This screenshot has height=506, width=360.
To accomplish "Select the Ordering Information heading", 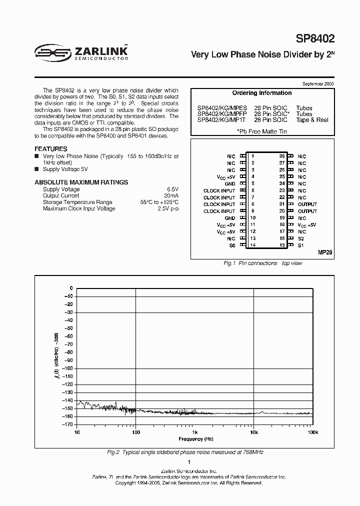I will (x=261, y=93).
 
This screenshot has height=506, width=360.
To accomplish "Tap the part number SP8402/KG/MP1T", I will (x=221, y=120).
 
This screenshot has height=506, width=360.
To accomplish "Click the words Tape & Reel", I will (x=312, y=120).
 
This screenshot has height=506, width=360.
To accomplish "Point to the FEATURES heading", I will (x=50, y=149).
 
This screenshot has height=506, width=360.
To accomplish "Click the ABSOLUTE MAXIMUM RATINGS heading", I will (x=81, y=182).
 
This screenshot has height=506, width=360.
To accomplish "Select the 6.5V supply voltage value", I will (x=171, y=189).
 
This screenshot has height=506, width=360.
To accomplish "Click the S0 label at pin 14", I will (x=231, y=245).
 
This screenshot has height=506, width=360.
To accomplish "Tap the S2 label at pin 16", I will (x=301, y=238).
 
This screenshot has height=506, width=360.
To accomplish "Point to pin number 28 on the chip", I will (x=282, y=156).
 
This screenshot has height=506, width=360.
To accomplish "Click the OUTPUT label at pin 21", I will (x=307, y=204).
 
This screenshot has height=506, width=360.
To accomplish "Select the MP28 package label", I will (x=324, y=253).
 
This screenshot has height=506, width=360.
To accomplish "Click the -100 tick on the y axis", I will (x=67, y=368).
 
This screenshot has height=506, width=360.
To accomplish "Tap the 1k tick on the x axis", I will (x=195, y=431).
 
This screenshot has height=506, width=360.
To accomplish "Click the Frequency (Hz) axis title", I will (x=194, y=439).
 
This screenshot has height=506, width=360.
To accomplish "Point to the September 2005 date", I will (x=318, y=83).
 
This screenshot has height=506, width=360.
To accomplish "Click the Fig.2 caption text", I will (x=185, y=452).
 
